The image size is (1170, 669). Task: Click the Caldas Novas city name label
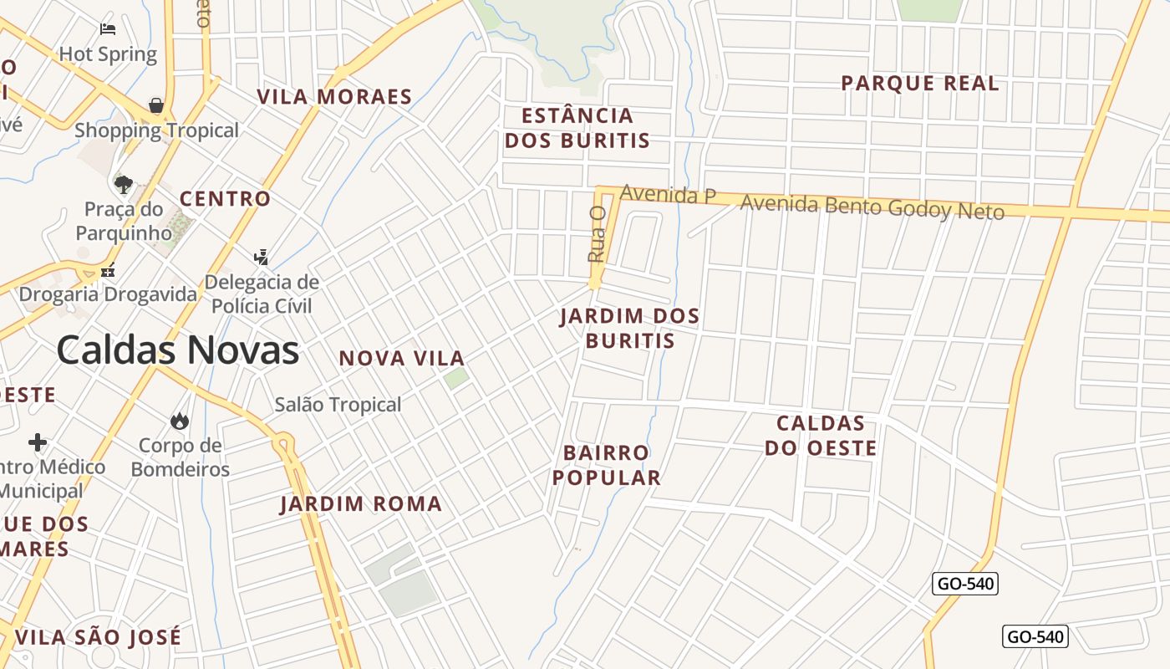(177, 350)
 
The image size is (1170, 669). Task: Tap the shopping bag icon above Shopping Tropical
(156, 105)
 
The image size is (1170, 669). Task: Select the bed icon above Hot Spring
(108, 29)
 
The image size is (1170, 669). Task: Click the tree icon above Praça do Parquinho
(124, 184)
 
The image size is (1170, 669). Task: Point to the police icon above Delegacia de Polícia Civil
(262, 257)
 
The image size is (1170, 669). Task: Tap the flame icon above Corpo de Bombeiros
(180, 420)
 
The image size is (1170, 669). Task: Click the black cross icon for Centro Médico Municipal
(38, 442)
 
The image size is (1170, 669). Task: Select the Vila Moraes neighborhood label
(334, 97)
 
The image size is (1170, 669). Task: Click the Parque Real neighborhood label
(919, 84)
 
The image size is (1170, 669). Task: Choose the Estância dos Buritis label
(577, 128)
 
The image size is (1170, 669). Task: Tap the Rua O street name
(596, 235)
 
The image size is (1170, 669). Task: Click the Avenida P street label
(668, 195)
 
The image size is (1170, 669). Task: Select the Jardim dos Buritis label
(629, 329)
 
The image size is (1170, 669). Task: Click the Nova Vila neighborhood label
(401, 359)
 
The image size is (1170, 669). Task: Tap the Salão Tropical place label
(338, 405)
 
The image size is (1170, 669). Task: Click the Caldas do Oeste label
(821, 436)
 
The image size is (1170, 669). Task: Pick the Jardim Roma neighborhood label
(361, 504)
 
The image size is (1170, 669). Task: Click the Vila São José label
(98, 637)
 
